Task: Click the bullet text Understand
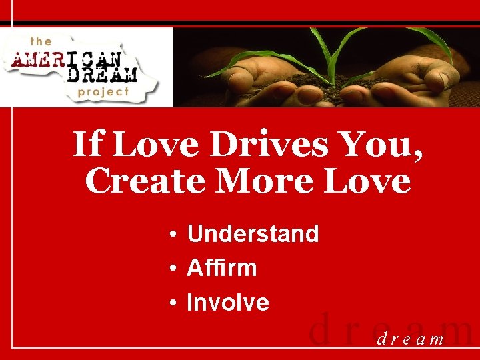(253, 234)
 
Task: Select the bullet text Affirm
(221, 269)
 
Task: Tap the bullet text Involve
(228, 303)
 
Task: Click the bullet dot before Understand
(172, 235)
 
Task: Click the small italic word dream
(411, 339)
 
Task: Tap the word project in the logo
(103, 91)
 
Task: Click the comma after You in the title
(418, 156)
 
